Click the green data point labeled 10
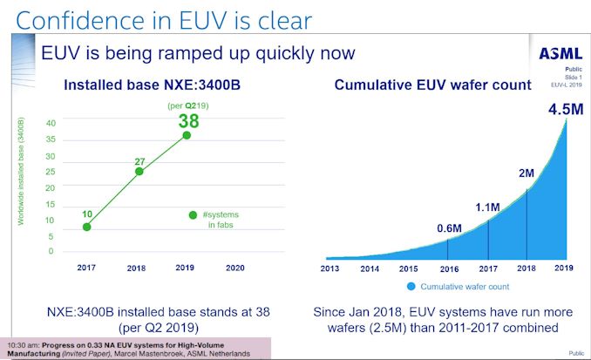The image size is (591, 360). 86,227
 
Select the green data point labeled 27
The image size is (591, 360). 138,171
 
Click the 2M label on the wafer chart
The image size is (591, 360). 526,173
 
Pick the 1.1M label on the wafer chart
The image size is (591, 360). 487,207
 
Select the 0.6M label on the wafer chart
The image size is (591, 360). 449,229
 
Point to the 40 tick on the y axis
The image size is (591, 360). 51,123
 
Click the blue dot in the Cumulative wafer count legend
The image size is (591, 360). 409,286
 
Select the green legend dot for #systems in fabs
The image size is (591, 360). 193,214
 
